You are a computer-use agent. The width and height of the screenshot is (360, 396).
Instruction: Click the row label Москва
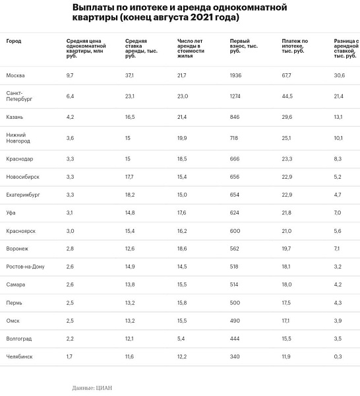coord(15,75)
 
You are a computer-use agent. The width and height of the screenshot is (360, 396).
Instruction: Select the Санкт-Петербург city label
coord(19,96)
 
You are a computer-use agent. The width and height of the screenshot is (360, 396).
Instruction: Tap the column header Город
coord(14,41)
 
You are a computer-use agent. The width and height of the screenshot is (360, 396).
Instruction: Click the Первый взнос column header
coord(244,46)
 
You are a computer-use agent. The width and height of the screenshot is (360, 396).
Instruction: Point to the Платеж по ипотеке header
coord(295,46)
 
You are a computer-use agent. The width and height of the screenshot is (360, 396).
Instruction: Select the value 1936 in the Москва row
coord(235,75)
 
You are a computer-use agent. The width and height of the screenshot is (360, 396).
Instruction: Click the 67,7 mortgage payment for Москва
coord(286,75)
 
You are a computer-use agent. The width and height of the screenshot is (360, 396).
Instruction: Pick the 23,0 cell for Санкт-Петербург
coord(183,96)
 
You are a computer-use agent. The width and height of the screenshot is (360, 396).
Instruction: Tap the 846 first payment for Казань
coord(234,117)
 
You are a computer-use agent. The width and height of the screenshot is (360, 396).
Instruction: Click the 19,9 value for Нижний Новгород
coord(182,138)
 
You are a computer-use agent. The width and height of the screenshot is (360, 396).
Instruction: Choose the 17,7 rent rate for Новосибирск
coord(129,177)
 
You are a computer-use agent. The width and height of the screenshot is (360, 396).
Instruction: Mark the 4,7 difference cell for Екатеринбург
coord(338,195)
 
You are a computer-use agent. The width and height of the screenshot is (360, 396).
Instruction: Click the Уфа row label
coord(11,213)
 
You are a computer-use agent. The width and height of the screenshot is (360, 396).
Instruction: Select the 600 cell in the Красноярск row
coord(235,231)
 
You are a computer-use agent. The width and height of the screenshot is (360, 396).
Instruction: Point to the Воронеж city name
coord(17,249)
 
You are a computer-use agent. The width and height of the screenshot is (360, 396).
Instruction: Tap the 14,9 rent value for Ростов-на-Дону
coord(130,267)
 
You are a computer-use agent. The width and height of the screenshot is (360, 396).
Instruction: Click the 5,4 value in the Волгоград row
coord(181,339)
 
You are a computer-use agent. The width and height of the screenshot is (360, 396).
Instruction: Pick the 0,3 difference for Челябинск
coord(338,356)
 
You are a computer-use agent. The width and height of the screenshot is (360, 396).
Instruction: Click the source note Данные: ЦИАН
coord(92,387)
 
